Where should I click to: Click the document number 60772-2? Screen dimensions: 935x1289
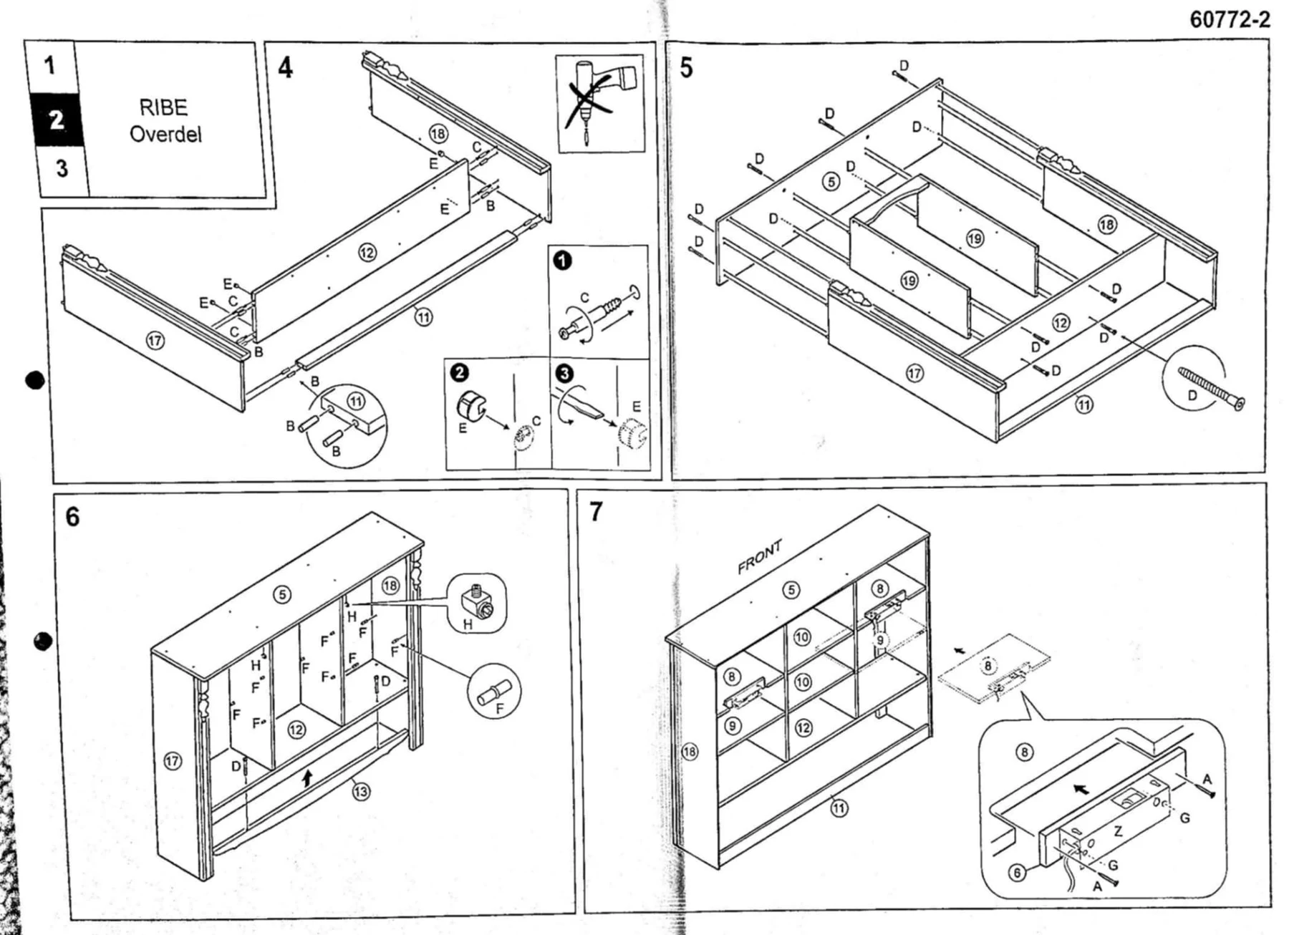pos(1230,19)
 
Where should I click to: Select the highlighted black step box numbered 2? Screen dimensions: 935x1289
pos(57,120)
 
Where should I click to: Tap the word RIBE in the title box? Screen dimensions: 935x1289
pos(163,107)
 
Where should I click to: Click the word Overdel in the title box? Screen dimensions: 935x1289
pos(165,134)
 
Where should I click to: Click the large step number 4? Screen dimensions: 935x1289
pos(285,68)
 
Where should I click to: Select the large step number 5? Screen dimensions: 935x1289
pos(686,68)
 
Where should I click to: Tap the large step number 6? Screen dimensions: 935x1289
pos(72,517)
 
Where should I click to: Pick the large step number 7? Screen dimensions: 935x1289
pos(596,512)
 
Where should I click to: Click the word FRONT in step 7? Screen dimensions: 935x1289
pos(760,557)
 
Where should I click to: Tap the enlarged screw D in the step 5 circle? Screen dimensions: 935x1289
pos(1211,389)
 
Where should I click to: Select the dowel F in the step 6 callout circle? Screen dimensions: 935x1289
pos(493,692)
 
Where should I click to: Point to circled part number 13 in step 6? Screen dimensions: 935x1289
pos(361,791)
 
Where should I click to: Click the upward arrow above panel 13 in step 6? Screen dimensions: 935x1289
pos(308,777)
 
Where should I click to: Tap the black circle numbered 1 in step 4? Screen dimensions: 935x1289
pos(563,261)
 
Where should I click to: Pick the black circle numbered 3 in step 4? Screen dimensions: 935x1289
pos(564,374)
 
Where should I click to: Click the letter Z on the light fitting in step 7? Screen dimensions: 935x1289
pos(1118,831)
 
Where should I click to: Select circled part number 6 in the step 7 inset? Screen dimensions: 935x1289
pos(1017,873)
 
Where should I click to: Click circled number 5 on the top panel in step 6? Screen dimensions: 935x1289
pos(283,594)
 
